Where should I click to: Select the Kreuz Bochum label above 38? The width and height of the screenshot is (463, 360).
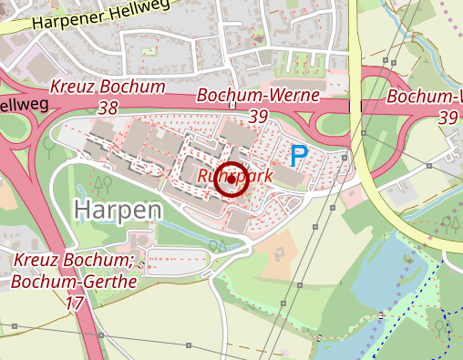pos(108,88)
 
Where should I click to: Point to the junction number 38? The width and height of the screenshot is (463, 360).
pos(108,108)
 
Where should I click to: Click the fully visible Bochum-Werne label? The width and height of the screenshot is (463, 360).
pos(258,95)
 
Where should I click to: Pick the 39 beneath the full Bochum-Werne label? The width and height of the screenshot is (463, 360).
pos(258,116)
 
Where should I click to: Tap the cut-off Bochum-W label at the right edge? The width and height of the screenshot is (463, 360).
pos(425,97)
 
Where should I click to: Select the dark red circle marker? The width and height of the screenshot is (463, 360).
pos(231,180)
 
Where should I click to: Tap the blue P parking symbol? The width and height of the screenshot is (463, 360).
pos(298,157)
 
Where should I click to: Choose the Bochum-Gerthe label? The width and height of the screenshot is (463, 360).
pos(74,281)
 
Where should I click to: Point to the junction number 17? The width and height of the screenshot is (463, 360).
pos(75,301)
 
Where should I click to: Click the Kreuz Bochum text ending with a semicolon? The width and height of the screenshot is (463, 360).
pos(74,262)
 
